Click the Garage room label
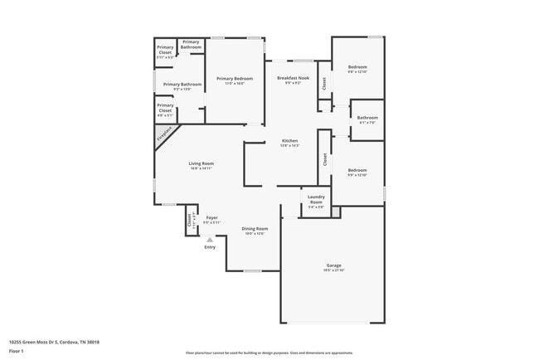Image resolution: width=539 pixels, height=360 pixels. [x=333, y=266]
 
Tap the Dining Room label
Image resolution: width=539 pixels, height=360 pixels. [x=255, y=228]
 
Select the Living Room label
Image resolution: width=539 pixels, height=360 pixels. [x=201, y=163]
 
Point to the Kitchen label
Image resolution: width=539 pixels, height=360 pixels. [x=289, y=141]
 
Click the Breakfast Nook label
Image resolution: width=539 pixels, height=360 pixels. [x=293, y=77]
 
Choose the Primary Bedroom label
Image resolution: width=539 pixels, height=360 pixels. [x=235, y=79]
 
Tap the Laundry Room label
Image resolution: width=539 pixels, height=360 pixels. [x=316, y=201]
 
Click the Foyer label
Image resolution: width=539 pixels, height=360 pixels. [x=211, y=217]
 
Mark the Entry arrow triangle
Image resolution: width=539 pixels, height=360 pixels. [x=209, y=239]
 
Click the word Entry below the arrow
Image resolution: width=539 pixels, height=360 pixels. [x=209, y=247]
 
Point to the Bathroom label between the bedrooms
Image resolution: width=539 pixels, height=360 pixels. [x=367, y=118]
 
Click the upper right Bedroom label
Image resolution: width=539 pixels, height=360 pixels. [x=357, y=67]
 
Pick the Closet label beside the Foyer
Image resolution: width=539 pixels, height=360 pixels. [x=190, y=220]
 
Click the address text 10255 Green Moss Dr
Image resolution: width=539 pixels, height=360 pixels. [x=47, y=340]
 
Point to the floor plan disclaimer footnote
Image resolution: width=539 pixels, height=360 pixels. [x=269, y=353]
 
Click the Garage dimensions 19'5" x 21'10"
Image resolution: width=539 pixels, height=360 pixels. [x=333, y=271]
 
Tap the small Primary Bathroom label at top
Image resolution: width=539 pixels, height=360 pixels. [x=192, y=45]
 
